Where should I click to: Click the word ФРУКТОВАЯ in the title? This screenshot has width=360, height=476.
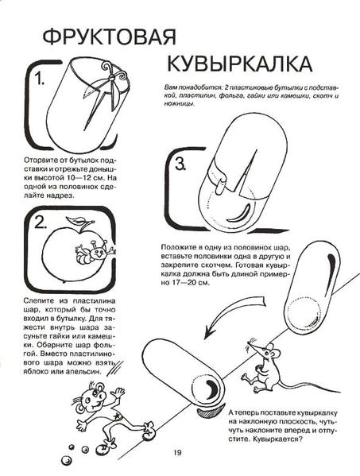[x=110, y=37]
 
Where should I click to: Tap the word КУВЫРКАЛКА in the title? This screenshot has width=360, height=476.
[x=239, y=64]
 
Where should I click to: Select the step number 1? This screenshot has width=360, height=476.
[x=40, y=79]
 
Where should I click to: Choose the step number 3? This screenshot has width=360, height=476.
[x=180, y=164]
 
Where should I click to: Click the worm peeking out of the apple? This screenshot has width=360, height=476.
[x=95, y=251]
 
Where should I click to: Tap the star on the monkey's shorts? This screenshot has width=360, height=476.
[x=116, y=415]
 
